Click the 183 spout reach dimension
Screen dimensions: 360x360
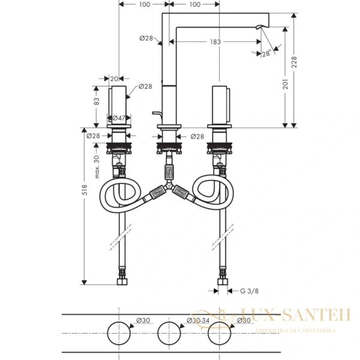(x=216, y=42)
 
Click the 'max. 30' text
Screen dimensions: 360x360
(x=97, y=166)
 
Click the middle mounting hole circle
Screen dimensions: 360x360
(x=169, y=333)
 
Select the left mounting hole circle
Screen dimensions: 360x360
(x=119, y=333)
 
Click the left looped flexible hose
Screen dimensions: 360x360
(x=122, y=196)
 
